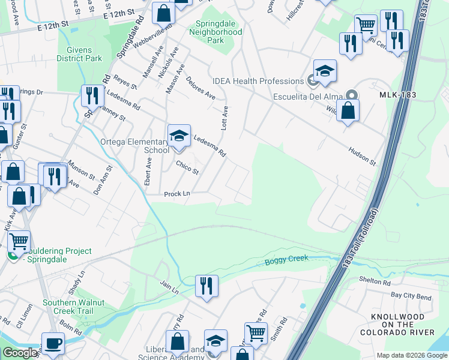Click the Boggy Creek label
tap(286, 259)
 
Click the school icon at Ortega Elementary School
tap(178, 136)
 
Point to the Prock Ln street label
tap(177, 194)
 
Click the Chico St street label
tap(187, 167)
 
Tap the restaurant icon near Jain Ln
tap(206, 285)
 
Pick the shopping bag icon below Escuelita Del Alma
tap(348, 110)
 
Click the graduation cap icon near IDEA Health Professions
tap(324, 71)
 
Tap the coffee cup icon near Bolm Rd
tap(53, 343)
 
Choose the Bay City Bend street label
tap(411, 297)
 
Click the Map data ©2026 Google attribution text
tap(411, 355)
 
